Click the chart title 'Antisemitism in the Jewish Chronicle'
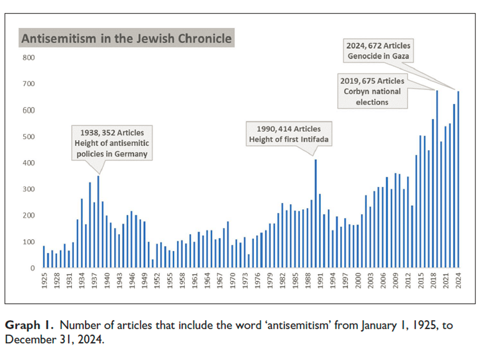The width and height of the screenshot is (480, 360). tap(126, 38)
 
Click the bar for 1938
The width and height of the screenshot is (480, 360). tap(98, 222)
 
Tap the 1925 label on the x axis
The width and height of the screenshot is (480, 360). tap(44, 281)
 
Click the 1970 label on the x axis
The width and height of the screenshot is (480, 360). tap(232, 281)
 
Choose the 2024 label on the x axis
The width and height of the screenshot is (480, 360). tap(458, 281)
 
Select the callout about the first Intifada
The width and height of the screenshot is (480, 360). tap(288, 134)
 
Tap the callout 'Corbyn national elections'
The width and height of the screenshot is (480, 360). tap(372, 91)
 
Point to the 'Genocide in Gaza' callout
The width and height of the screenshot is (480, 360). tap(378, 51)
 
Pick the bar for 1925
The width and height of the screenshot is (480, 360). tap(44, 257)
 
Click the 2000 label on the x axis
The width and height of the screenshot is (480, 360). tap(357, 281)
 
